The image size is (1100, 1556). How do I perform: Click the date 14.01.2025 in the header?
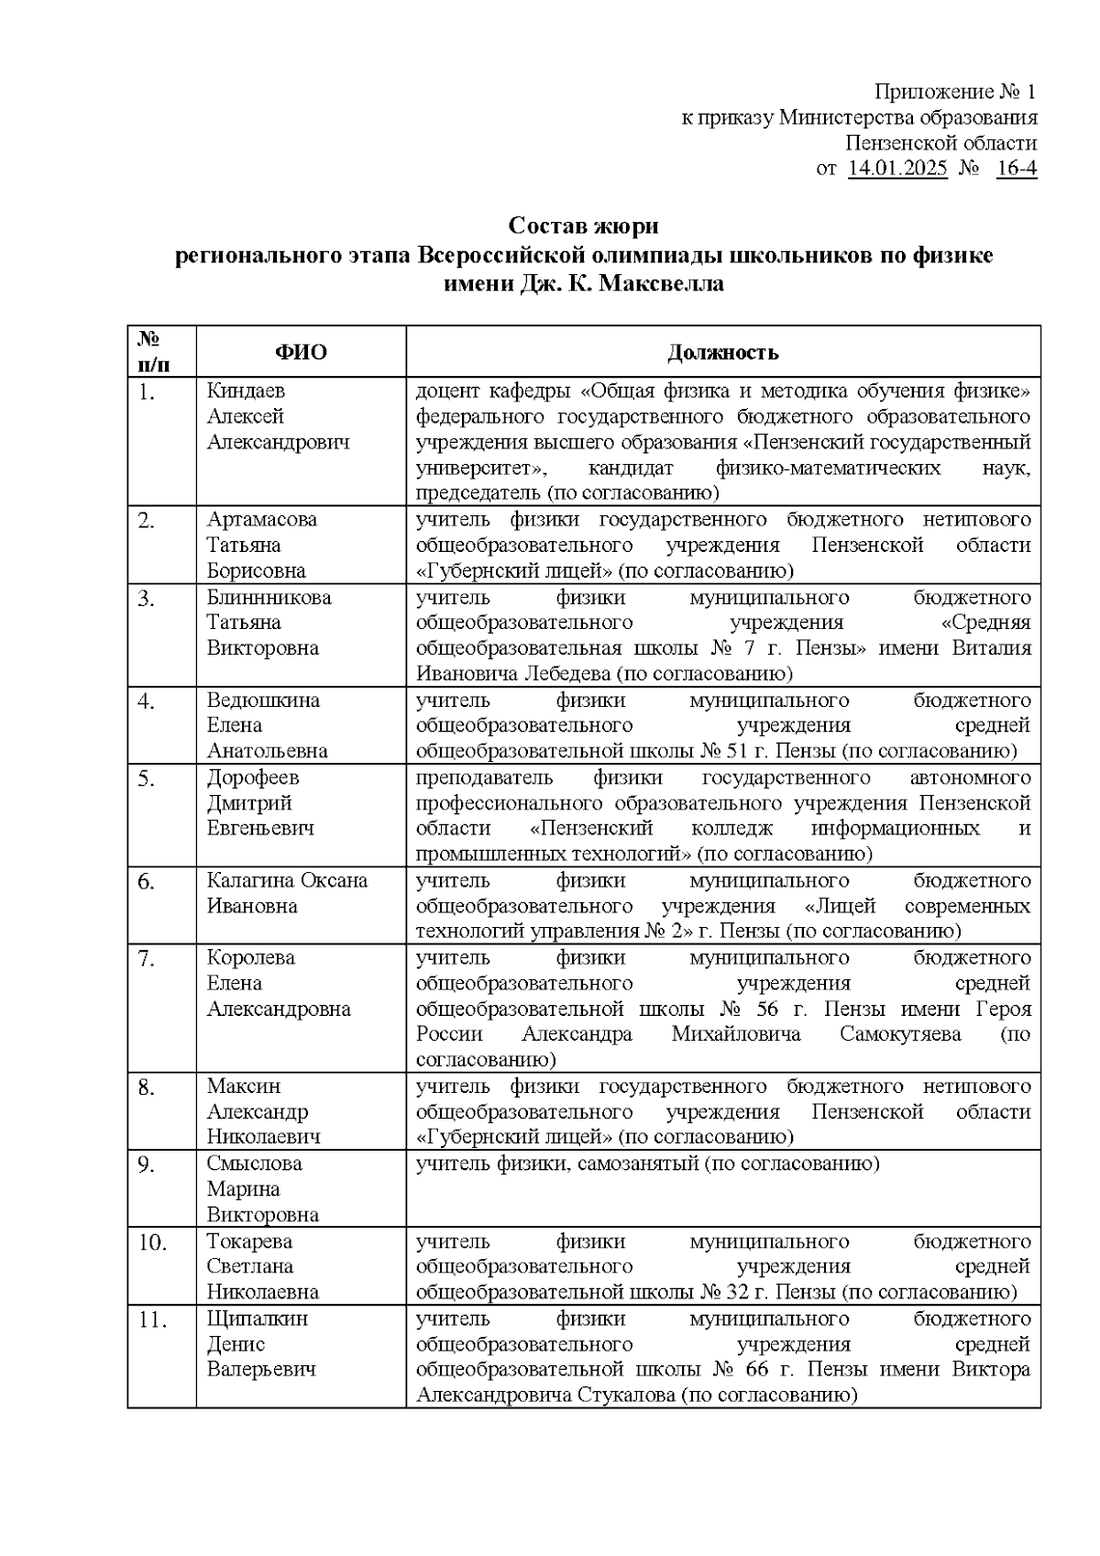897,169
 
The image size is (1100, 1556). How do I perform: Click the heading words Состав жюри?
584,226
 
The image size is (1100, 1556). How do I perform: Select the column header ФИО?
302,352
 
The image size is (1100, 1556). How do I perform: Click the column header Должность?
723,352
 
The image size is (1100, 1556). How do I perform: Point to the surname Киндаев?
246,392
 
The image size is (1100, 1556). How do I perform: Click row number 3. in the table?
147,598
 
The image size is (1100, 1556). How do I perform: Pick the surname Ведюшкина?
263,701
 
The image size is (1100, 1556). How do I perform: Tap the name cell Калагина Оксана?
287,880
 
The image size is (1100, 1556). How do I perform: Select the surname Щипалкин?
258,1319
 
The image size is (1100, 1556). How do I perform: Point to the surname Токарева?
250,1241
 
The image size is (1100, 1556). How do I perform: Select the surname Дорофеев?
253,778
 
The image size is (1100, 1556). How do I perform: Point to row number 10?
152,1242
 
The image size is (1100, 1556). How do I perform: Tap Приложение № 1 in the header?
955,92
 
